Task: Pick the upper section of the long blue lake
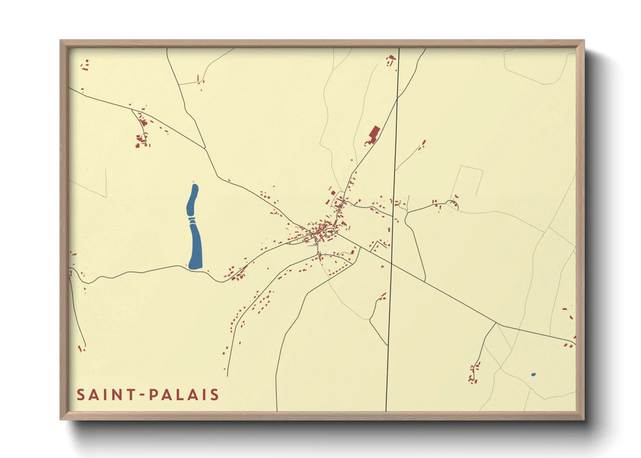click(192, 201)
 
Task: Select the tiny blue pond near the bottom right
click(533, 374)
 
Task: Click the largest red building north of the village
click(374, 132)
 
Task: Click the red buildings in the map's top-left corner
click(85, 65)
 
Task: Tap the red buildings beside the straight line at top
click(392, 60)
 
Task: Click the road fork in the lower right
click(496, 323)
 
